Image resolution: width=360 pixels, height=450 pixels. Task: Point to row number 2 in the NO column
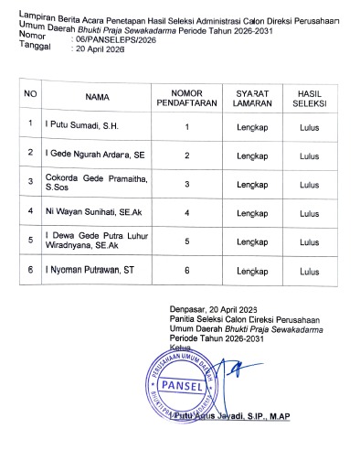31,152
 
